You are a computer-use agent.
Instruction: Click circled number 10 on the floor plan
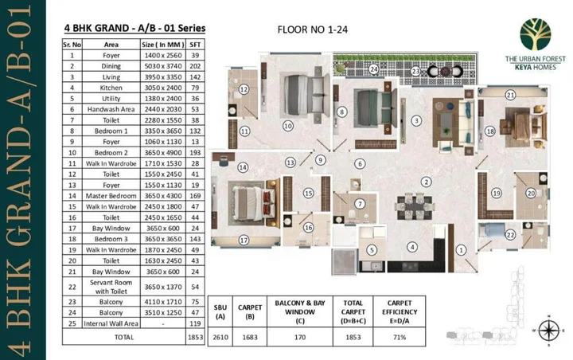[x=287, y=126]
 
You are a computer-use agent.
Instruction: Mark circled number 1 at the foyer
[x=460, y=249]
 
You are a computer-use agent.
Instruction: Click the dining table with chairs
[x=415, y=206]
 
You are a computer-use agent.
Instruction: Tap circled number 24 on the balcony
[x=372, y=70]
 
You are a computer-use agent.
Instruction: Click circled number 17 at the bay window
[x=244, y=240]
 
